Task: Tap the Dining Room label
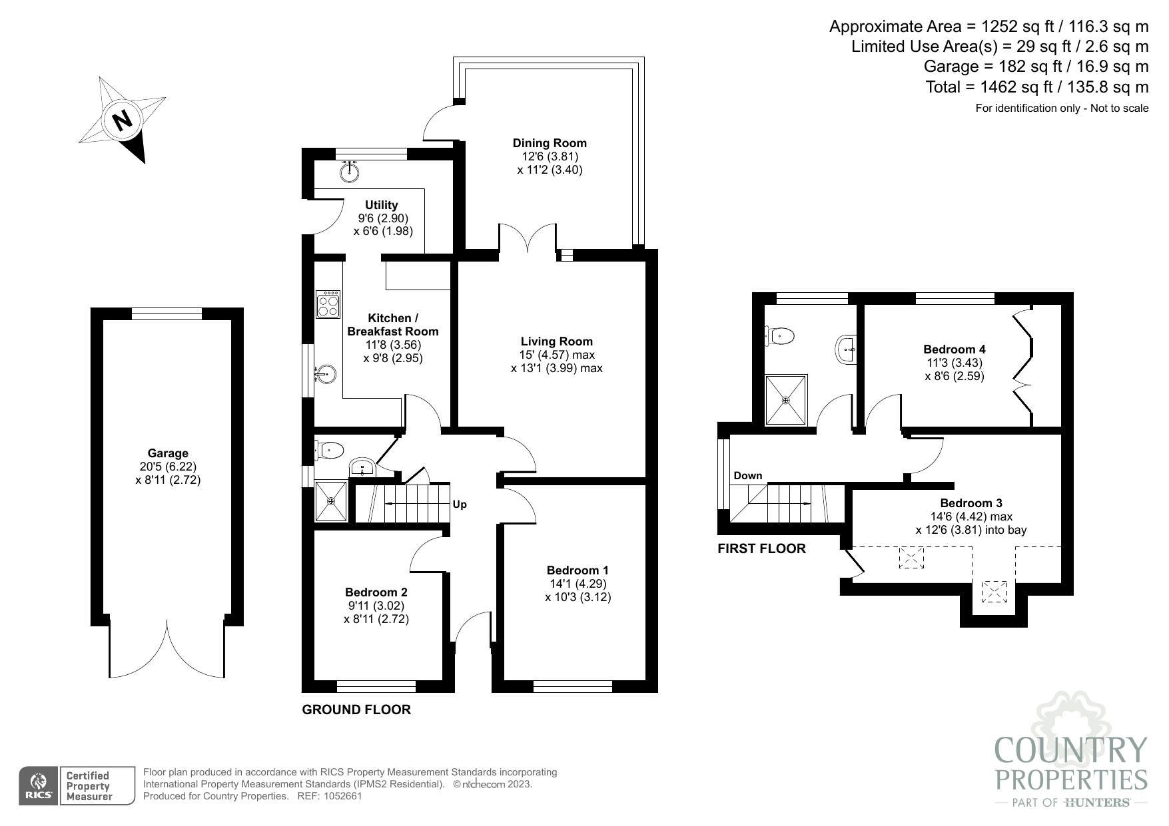point(550,143)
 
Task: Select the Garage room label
point(168,453)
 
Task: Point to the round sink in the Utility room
point(350,172)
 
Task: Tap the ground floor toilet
point(329,451)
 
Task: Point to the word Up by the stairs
point(460,505)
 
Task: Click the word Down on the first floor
point(747,475)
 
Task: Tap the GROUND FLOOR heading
point(356,710)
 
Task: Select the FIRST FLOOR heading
point(761,548)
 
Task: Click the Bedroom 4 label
point(954,349)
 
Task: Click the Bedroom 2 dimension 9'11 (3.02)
point(376,606)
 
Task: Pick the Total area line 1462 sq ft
point(1036,87)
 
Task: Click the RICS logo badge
point(38,786)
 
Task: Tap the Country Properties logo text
point(1070,765)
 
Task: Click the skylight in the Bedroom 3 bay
point(995,591)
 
